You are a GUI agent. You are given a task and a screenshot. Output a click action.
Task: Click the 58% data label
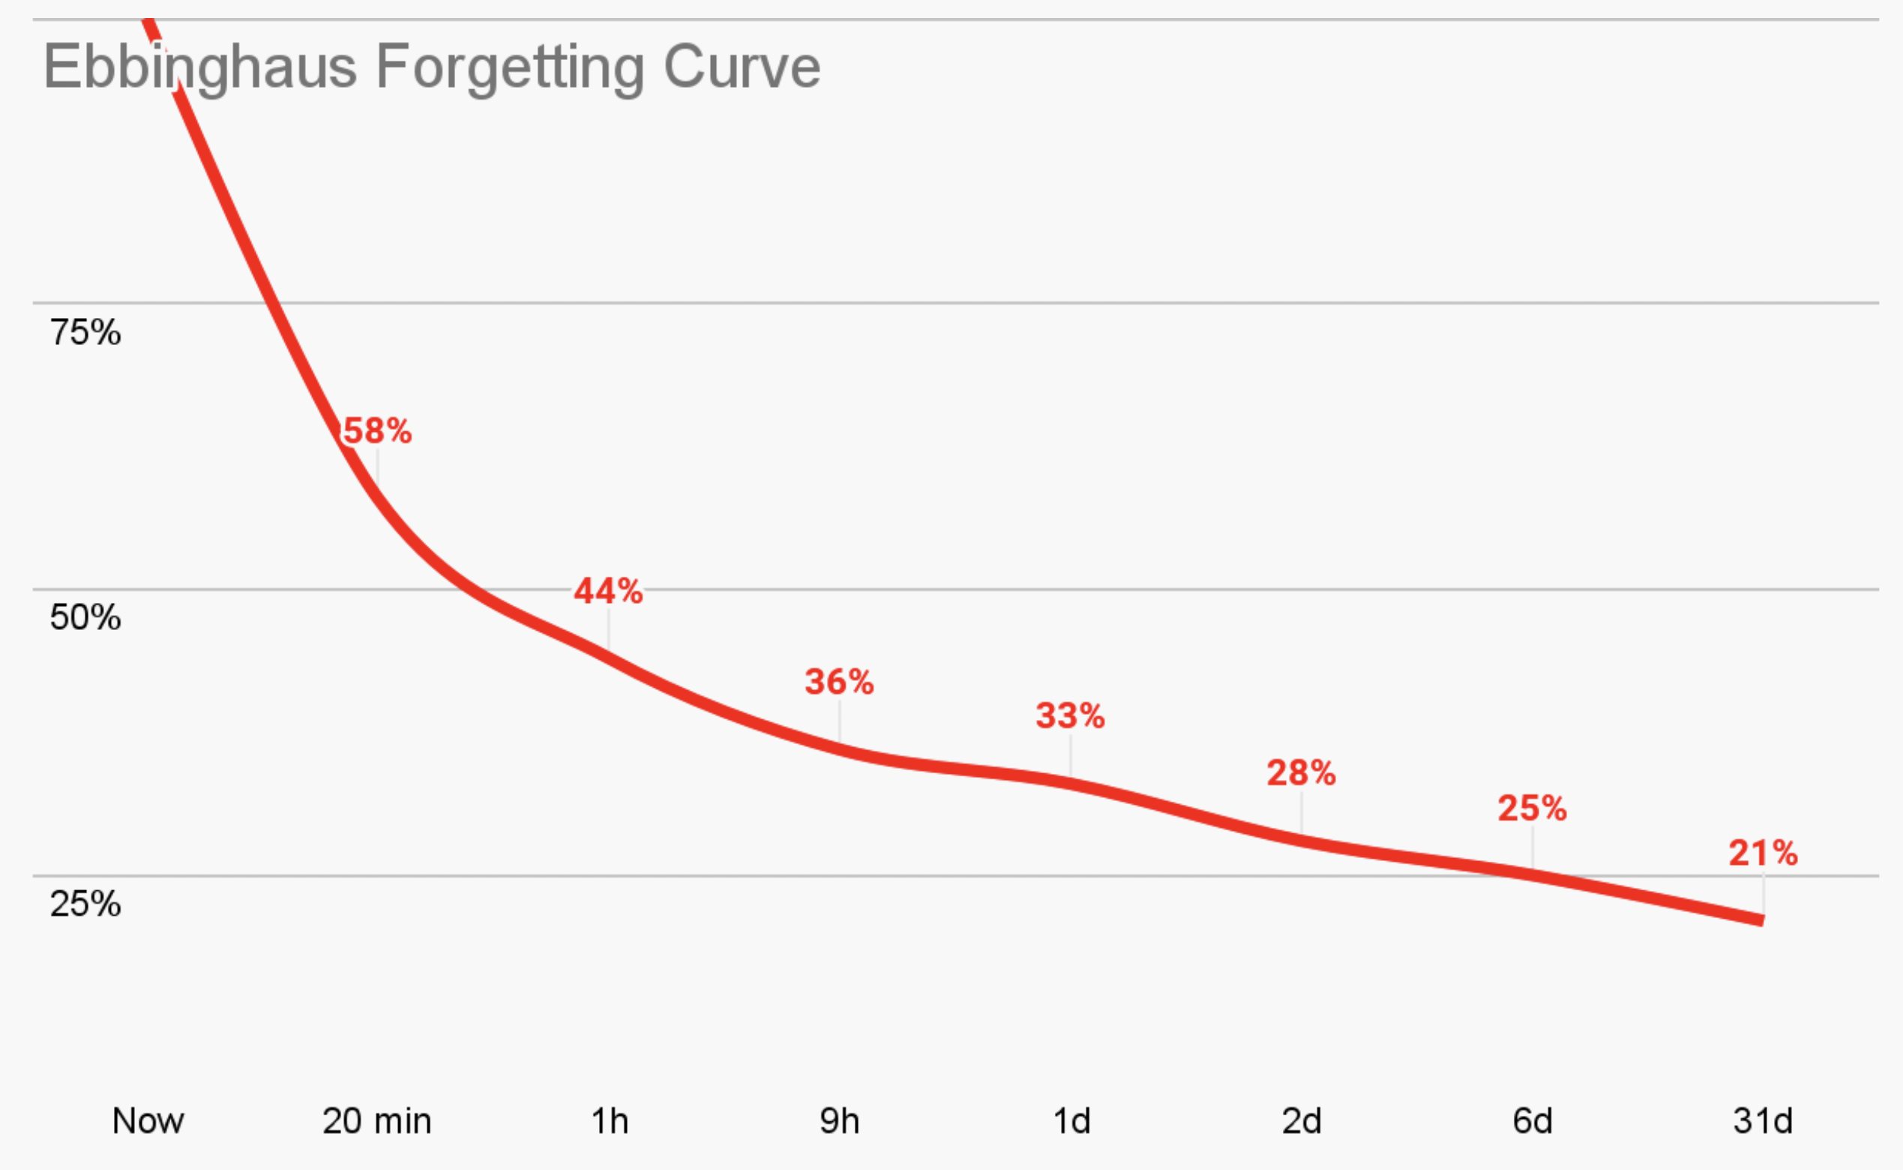pos(377,431)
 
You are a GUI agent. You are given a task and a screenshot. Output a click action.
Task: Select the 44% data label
pos(608,591)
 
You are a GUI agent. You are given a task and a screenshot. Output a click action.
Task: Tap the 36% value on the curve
pos(839,682)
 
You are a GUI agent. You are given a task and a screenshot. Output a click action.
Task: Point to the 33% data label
pos(1071,715)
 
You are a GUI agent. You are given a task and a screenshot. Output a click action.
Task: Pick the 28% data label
pos(1301,773)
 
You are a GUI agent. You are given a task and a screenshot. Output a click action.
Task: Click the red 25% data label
pos(1533,808)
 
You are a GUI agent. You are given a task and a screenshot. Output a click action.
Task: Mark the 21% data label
pos(1764,853)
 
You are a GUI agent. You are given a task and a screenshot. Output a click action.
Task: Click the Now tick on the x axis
pos(148,1121)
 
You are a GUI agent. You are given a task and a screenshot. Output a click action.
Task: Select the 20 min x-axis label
pos(376,1121)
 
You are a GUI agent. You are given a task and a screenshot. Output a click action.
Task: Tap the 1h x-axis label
pos(610,1121)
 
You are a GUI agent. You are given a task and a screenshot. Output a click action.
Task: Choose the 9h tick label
pos(839,1121)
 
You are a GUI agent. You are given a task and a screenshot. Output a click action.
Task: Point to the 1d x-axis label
pos(1071,1121)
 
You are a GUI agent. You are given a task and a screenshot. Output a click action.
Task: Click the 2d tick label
pos(1302,1121)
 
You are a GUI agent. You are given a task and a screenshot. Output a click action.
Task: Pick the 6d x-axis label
pos(1533,1121)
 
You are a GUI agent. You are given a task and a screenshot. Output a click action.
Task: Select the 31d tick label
pos(1763,1121)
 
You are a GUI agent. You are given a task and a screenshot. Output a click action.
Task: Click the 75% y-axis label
pos(85,332)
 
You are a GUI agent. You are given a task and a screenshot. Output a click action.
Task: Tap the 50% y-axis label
pos(85,617)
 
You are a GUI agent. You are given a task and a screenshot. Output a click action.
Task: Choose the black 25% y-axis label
pos(85,904)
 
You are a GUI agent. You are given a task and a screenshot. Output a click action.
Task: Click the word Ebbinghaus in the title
pos(199,67)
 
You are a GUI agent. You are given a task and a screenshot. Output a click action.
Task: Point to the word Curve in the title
pos(741,67)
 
